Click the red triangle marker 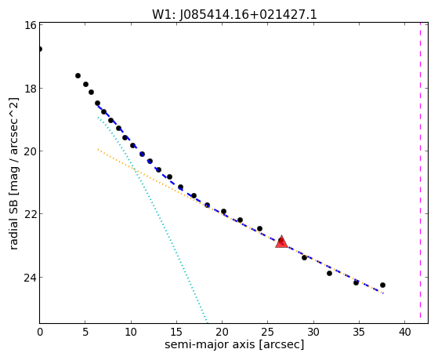tap(281, 242)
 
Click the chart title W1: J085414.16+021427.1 tap(234, 14)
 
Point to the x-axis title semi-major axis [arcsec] tap(234, 344)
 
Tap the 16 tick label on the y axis tap(30, 25)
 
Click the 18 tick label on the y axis tap(30, 88)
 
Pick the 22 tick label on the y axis tap(30, 213)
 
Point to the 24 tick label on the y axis tap(30, 277)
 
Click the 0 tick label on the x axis tap(40, 332)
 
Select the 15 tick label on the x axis tap(176, 332)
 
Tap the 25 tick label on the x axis tap(268, 332)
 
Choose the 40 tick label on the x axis tap(404, 332)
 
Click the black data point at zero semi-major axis tap(40, 49)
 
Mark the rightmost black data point tap(382, 285)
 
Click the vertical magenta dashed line tap(420, 170)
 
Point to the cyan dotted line tap(152, 219)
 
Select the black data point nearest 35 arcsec tap(356, 282)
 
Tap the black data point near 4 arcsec tap(78, 75)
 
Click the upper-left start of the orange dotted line tap(98, 150)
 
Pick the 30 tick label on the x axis tap(313, 332)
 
